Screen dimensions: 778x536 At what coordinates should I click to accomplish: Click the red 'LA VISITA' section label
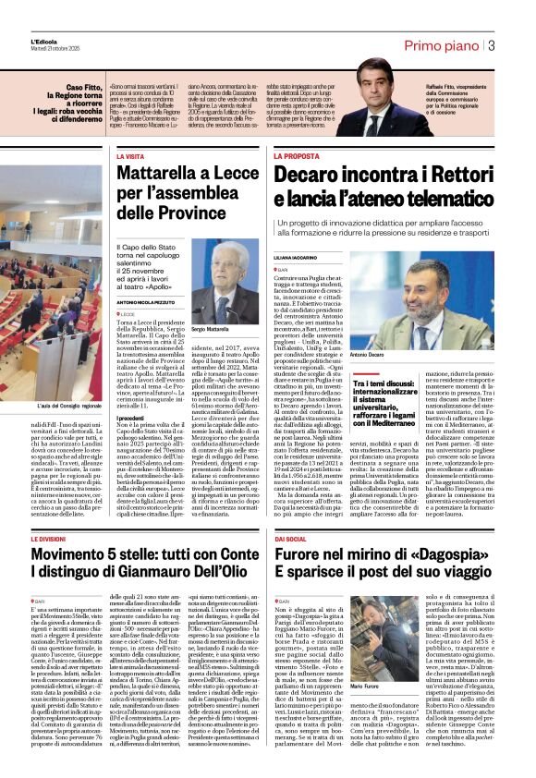[x=130, y=156]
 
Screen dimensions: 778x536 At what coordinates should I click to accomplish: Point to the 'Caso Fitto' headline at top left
[x=81, y=87]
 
